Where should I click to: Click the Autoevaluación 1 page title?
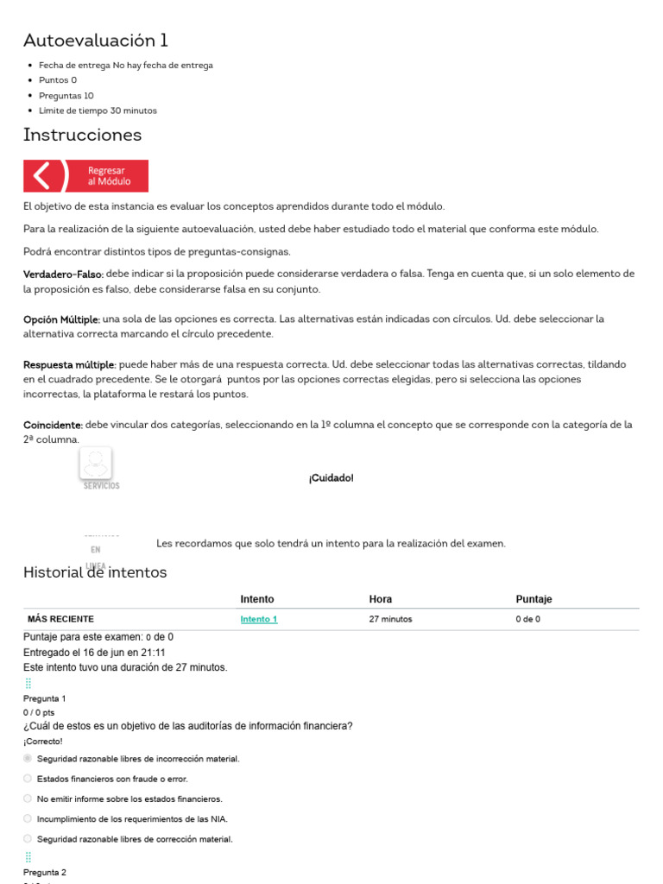[x=96, y=41]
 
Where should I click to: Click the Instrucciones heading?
[x=82, y=135]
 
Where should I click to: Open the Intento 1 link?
[x=259, y=619]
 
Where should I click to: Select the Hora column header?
[x=381, y=599]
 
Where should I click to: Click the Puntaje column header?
[x=534, y=599]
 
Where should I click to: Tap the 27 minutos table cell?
[x=390, y=619]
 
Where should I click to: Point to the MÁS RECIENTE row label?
[x=60, y=619]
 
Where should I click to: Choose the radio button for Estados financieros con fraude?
[x=28, y=779]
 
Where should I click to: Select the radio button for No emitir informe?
[x=28, y=799]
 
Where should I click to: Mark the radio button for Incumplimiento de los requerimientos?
[x=28, y=818]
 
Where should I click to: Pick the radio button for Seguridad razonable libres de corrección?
[x=28, y=838]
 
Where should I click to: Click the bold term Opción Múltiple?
[x=61, y=319]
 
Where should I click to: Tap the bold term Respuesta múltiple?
[x=69, y=364]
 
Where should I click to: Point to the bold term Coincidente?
[x=53, y=425]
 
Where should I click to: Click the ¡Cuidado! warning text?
[x=331, y=478]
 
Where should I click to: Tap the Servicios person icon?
[x=96, y=463]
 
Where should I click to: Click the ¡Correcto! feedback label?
[x=43, y=741]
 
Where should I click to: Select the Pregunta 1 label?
[x=45, y=698]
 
